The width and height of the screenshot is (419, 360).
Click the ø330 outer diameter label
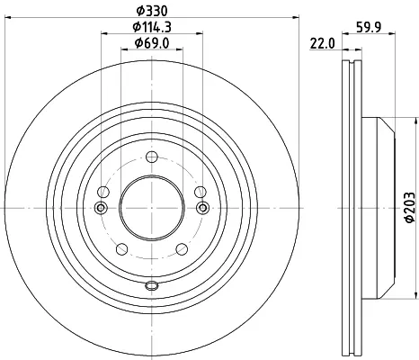(x=152, y=12)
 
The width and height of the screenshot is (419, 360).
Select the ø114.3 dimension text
(x=152, y=27)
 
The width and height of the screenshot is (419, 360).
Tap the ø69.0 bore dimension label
(x=152, y=43)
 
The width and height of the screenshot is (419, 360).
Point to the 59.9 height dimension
(x=369, y=27)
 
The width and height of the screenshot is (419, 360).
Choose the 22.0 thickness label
(x=322, y=44)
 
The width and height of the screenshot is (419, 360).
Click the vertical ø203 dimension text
(x=409, y=208)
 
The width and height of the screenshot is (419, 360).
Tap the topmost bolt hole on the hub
(x=152, y=157)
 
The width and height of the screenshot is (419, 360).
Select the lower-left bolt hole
(x=122, y=249)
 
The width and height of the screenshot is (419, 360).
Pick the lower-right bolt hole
(x=182, y=249)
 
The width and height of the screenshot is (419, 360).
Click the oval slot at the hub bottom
(x=152, y=285)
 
